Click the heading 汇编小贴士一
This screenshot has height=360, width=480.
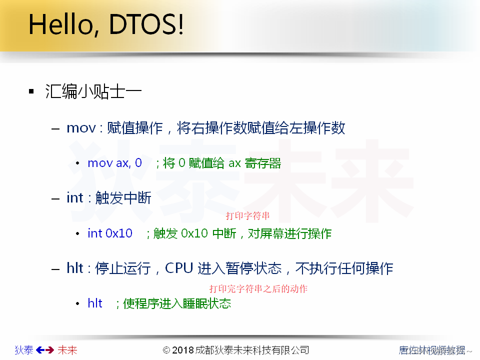tap(93, 92)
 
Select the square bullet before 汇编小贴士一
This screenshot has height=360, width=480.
tap(31, 92)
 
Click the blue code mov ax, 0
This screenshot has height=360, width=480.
tap(114, 163)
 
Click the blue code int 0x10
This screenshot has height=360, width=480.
tap(110, 233)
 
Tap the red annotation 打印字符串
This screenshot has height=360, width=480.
tap(248, 216)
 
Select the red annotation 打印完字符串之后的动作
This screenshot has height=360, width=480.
tap(258, 289)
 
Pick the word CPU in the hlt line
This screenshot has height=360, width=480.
tap(179, 268)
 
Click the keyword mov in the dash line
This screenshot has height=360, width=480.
tap(80, 128)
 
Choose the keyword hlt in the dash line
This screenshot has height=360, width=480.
tap(75, 268)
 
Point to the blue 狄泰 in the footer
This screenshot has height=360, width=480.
tap(24, 350)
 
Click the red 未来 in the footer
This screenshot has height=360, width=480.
tap(67, 350)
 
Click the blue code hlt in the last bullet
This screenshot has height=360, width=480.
tap(95, 303)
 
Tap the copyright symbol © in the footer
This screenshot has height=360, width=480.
tap(166, 350)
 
